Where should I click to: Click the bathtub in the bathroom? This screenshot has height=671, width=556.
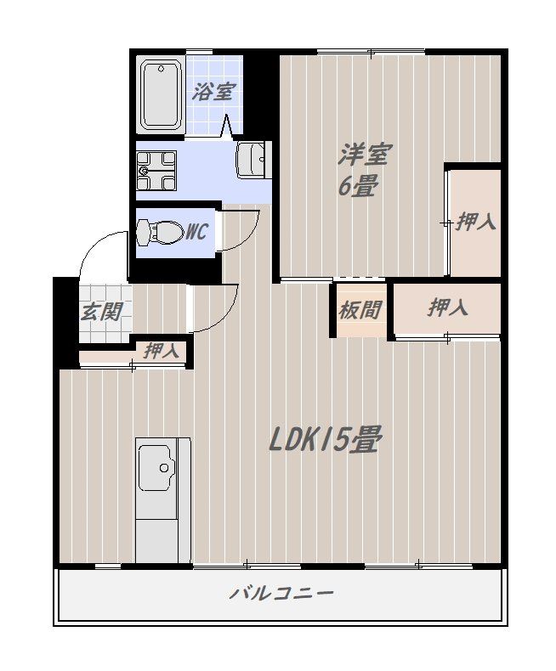[x=161, y=95]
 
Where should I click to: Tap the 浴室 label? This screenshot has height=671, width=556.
[x=213, y=92]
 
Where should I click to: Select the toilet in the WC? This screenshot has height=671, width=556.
[x=158, y=233]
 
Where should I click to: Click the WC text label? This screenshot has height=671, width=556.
[x=196, y=232]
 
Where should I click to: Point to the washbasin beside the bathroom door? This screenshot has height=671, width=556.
[x=253, y=159]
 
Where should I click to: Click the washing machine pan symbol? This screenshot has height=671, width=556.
[x=156, y=171]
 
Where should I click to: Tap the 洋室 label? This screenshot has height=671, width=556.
[x=365, y=155]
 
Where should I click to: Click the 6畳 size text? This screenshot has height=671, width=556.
[x=359, y=186]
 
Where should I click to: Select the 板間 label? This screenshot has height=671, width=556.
[x=360, y=309]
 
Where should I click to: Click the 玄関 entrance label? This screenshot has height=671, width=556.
[x=101, y=312]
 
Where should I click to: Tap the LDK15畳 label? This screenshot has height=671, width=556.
[x=324, y=439]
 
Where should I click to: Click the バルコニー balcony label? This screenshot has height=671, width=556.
[x=282, y=594]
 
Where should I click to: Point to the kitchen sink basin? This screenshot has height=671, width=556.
[x=156, y=467]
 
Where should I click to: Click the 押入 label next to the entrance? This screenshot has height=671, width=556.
[x=162, y=352]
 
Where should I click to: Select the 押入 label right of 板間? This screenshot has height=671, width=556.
[x=447, y=307]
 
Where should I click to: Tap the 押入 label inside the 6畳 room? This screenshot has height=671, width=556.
[x=475, y=222]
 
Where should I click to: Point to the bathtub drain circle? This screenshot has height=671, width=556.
[x=161, y=69]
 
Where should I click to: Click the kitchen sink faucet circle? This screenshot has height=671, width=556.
[x=163, y=468]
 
